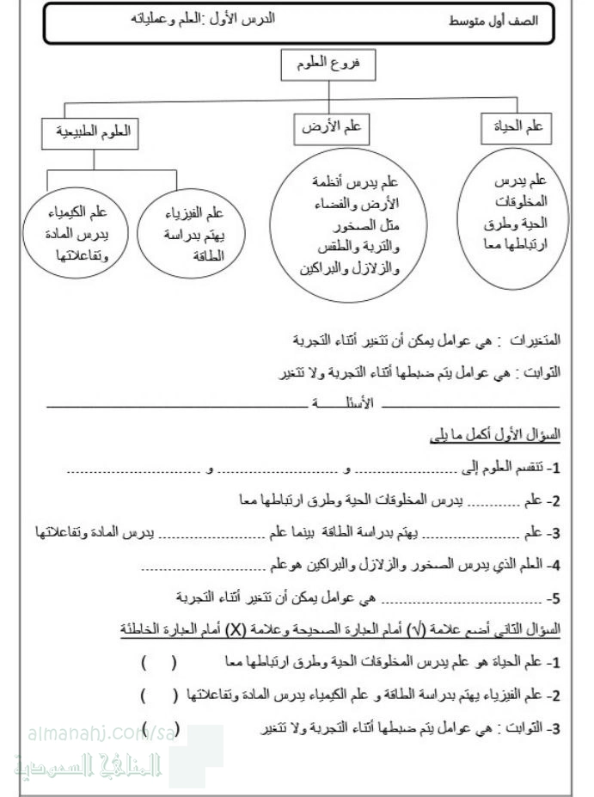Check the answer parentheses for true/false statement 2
point(158,695)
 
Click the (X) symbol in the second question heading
point(235,629)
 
